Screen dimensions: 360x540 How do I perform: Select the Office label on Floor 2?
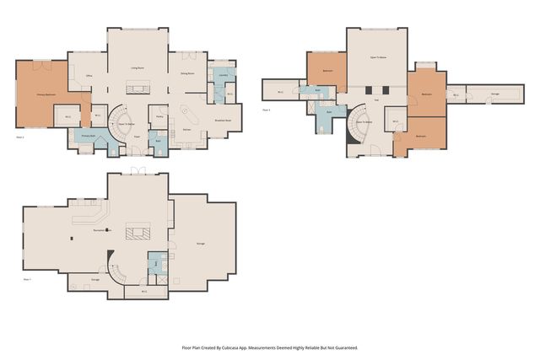(89, 76)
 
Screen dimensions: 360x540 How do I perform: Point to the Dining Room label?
(187, 74)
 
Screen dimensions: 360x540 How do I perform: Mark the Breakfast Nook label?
(223, 119)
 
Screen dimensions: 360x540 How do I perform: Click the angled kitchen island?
(191, 112)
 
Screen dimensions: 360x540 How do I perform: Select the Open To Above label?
(378, 58)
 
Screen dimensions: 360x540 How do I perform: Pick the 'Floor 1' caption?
(27, 279)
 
